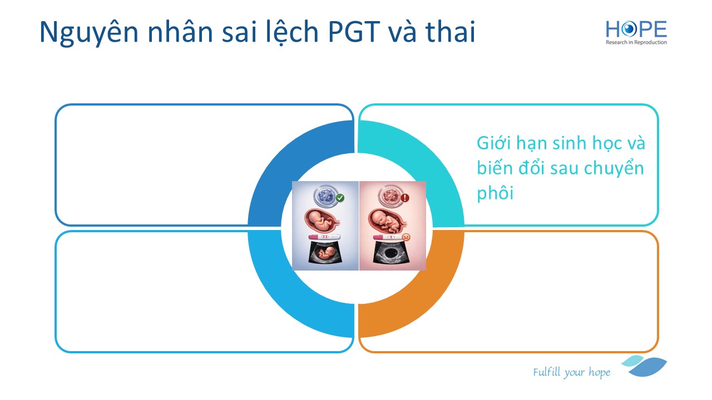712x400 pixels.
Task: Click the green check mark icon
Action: (x=340, y=198)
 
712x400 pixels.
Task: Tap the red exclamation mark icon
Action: (x=404, y=198)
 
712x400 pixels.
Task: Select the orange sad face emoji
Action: (x=406, y=237)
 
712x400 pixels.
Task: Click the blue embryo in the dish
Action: (x=325, y=196)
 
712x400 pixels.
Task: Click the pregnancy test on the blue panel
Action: (x=324, y=237)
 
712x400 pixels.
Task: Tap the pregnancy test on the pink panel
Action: (x=388, y=237)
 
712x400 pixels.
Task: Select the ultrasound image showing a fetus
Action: (x=325, y=252)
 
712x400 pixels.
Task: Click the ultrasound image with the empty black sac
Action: (x=390, y=252)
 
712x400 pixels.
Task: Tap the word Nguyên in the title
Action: (x=89, y=32)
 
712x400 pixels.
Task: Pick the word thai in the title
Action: (x=450, y=31)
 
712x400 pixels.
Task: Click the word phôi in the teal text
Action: (x=495, y=192)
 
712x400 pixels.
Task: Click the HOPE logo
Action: (x=636, y=32)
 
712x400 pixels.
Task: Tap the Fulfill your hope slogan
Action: (x=571, y=372)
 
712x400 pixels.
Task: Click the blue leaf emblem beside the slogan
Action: (x=645, y=366)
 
